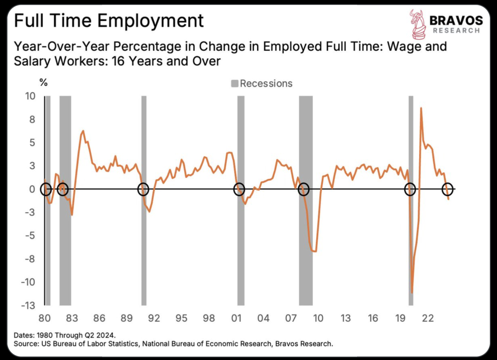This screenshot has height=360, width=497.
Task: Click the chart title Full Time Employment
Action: click(109, 21)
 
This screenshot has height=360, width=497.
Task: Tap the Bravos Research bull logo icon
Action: click(417, 23)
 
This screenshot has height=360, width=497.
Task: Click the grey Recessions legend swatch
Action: click(234, 83)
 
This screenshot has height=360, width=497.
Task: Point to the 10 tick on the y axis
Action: click(30, 96)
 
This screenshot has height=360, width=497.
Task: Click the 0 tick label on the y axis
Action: click(32, 189)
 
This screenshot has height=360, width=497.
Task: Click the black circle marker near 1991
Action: click(143, 189)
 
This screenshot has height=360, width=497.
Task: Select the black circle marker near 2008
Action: click(304, 189)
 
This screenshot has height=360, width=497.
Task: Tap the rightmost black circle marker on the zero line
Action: click(448, 189)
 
